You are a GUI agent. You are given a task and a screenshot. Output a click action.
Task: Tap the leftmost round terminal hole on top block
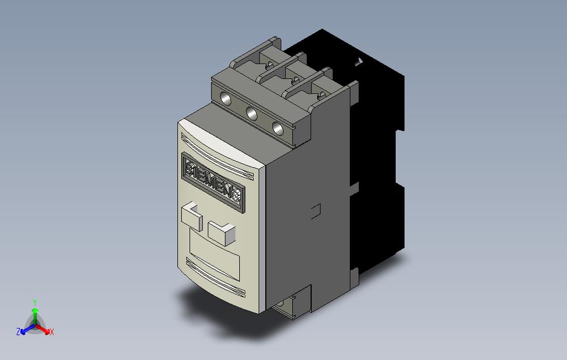pos(225,99)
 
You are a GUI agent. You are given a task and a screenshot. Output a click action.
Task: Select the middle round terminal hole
pos(251,114)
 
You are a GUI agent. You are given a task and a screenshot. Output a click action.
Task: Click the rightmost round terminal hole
pos(278,129)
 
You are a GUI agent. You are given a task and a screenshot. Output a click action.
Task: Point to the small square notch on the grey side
pos(316,210)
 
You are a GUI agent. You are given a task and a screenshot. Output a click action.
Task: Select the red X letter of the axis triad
pos(51,332)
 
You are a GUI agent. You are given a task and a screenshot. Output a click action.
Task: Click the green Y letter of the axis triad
pos(34,302)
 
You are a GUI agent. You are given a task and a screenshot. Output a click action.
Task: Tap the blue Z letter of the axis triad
pos(18,332)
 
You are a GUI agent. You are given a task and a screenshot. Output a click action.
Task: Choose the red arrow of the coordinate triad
pos(44,329)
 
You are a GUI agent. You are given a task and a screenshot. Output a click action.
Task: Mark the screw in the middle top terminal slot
pos(296,81)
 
